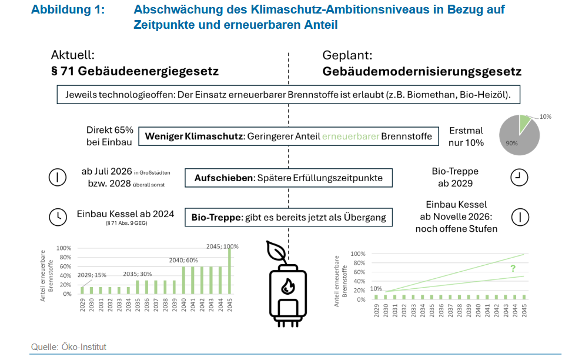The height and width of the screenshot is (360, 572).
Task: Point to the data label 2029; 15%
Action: (92, 275)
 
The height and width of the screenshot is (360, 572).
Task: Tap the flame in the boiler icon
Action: (287, 286)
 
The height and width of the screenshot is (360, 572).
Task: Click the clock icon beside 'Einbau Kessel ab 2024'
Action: (57, 216)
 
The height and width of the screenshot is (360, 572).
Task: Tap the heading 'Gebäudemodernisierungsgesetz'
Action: (422, 72)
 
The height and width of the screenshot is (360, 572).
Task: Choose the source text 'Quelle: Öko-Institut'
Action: (69, 347)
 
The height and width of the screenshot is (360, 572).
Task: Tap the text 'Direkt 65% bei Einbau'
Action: (110, 136)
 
